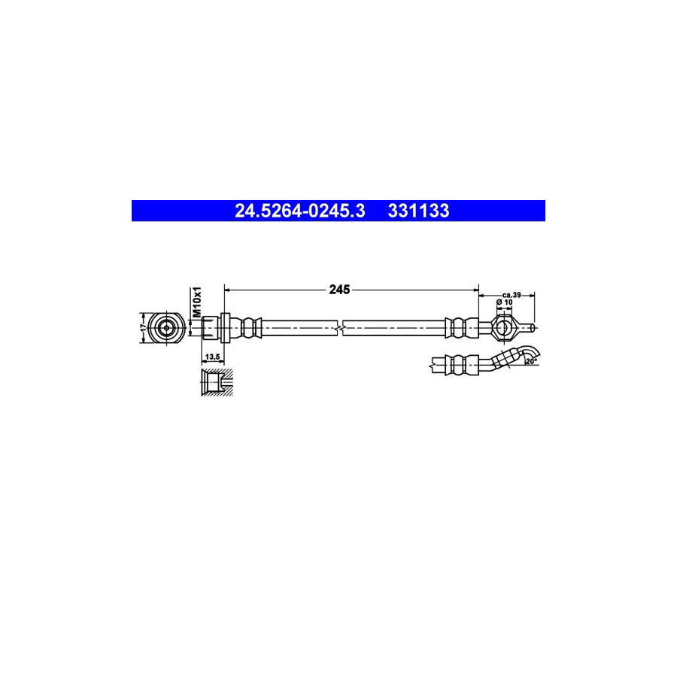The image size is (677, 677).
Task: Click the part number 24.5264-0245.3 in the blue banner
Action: point(299,211)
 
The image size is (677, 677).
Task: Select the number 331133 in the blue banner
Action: point(418,211)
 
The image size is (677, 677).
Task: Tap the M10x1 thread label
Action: point(197,301)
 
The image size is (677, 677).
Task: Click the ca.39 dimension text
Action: point(512,294)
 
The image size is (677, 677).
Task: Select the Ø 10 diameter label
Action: point(504,303)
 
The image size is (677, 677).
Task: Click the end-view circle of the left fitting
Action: point(165,327)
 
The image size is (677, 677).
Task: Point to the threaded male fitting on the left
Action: point(209,327)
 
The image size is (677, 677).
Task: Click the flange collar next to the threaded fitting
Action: point(223,327)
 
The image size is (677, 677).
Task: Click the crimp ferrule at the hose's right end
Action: point(461,327)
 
